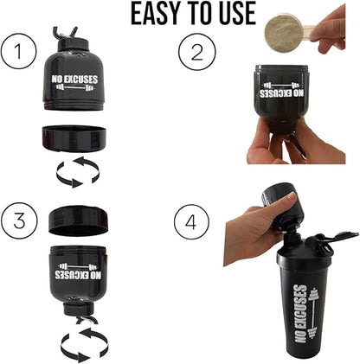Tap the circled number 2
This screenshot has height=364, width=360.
(x=196, y=54)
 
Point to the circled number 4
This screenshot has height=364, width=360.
(x=191, y=224)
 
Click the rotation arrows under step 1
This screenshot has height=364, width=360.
(x=79, y=171)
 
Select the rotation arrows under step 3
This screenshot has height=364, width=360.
(x=84, y=344)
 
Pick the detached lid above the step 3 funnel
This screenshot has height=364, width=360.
(x=79, y=219)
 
